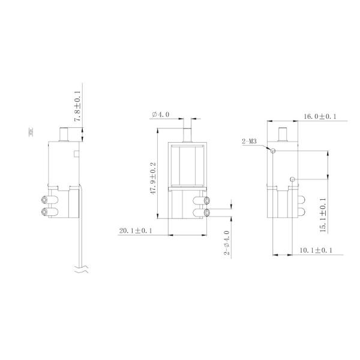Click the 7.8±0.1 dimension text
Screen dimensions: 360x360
pyautogui.click(x=77, y=107)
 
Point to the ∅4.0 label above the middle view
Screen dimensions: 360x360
pyautogui.click(x=161, y=114)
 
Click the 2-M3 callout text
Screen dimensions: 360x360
pyautogui.click(x=250, y=142)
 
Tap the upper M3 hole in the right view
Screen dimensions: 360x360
pyautogui.click(x=273, y=151)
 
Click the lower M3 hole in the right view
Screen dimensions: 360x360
pyautogui.click(x=292, y=178)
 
